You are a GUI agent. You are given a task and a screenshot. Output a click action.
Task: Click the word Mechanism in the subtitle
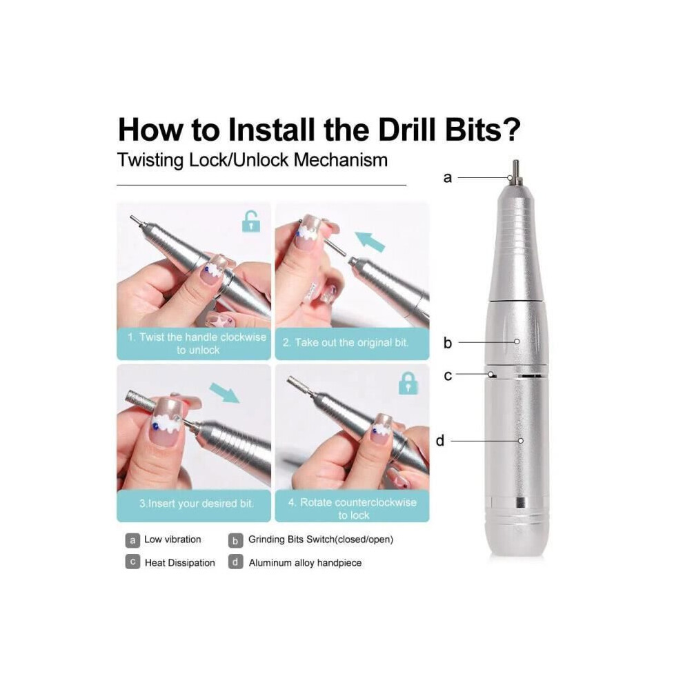[341, 160]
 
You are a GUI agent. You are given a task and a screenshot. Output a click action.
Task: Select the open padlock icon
[251, 221]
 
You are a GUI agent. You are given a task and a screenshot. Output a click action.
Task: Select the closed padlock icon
[408, 384]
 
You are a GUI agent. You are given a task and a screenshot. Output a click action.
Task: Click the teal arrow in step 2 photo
[370, 241]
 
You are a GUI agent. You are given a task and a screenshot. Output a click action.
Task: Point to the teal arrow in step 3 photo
[224, 393]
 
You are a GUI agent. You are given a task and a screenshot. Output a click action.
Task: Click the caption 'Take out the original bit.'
[346, 343]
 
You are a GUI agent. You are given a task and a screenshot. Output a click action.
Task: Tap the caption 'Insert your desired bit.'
[197, 504]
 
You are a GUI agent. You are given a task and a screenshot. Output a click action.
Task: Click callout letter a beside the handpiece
[447, 178]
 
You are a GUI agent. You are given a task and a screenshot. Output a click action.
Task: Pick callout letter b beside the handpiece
[448, 343]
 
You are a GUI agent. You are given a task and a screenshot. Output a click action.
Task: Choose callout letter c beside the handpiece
[448, 375]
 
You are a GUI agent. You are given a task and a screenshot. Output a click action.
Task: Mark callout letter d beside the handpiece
[440, 441]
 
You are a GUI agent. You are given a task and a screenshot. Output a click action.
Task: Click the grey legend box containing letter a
[132, 541]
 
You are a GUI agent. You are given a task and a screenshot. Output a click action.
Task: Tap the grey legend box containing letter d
[235, 562]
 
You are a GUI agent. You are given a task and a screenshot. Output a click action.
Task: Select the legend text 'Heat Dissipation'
[180, 563]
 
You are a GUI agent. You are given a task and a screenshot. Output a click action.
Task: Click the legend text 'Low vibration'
[172, 540]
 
